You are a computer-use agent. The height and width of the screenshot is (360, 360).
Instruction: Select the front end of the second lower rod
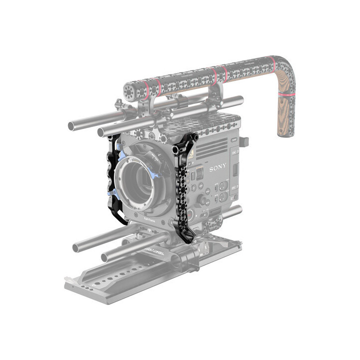click(x=105, y=257)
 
